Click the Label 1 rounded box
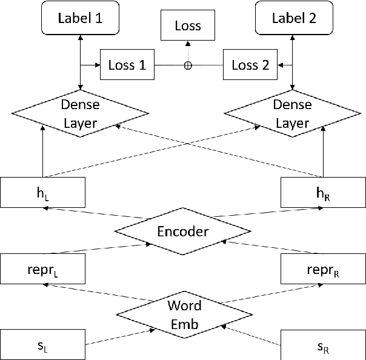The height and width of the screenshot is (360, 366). (x=80, y=18)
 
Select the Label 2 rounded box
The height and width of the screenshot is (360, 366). (x=293, y=18)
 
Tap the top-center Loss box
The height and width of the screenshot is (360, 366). (x=187, y=26)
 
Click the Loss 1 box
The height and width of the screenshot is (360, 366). (x=126, y=65)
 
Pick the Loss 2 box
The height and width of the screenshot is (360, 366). (x=250, y=65)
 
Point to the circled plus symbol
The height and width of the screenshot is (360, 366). (x=187, y=65)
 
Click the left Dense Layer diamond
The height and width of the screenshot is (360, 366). (x=80, y=113)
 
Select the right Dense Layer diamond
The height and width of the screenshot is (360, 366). (x=293, y=113)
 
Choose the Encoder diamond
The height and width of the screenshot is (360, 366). (x=182, y=232)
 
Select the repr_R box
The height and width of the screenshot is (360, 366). (x=323, y=268)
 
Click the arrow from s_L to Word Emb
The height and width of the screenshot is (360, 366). (x=118, y=337)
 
